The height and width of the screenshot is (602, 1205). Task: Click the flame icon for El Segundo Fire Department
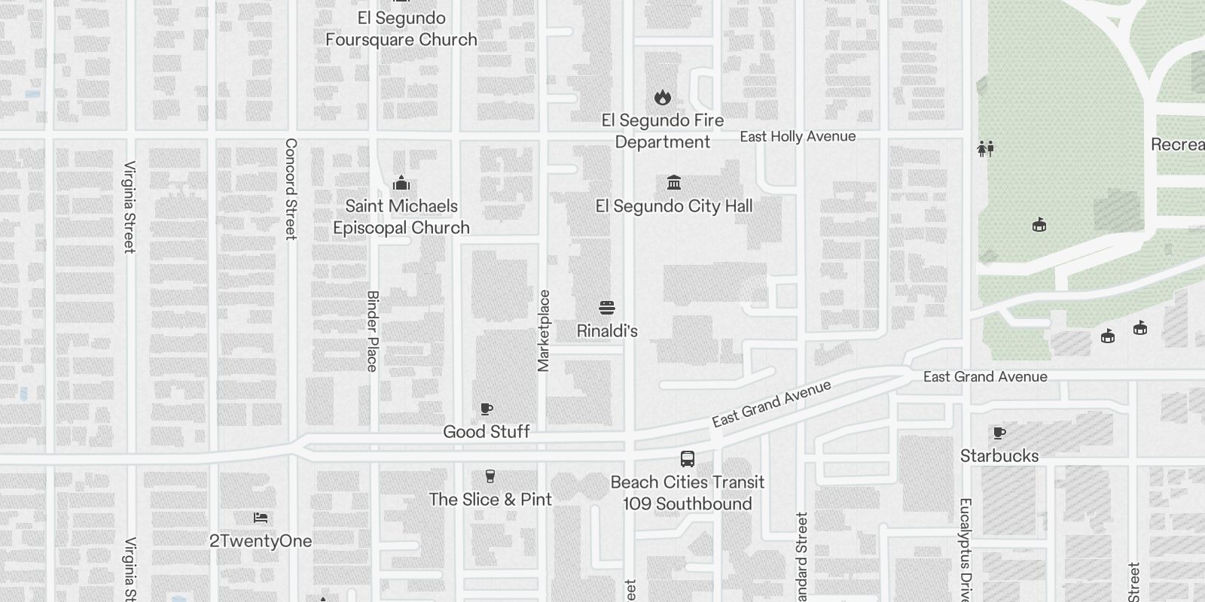[x=663, y=97]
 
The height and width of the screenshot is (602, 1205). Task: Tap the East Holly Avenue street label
[x=798, y=136]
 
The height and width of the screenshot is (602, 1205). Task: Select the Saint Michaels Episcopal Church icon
[x=401, y=184]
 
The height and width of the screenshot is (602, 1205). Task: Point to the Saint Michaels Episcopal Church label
[x=401, y=217]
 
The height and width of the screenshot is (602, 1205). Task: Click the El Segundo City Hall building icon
[x=674, y=183]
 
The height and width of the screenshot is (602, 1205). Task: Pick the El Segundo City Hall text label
[x=674, y=206]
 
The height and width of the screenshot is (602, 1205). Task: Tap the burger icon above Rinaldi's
[x=607, y=308]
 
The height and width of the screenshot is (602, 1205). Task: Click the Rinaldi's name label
[x=607, y=331]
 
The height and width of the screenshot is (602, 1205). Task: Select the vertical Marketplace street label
[x=544, y=331]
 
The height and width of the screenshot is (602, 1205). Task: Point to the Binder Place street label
[x=372, y=331]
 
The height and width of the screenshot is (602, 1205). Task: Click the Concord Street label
[x=291, y=188]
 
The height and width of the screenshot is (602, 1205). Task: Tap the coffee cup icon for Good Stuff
[x=487, y=409]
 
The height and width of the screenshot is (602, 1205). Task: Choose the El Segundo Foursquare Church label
[x=401, y=29]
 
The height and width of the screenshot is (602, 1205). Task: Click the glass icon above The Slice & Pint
[x=490, y=476]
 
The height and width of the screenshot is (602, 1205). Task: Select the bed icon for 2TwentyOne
[x=261, y=518]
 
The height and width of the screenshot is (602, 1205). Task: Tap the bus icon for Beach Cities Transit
[x=688, y=459]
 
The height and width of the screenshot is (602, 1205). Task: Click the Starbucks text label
[x=999, y=456]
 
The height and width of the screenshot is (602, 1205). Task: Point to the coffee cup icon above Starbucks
[x=999, y=433]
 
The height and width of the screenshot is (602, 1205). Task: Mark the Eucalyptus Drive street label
[x=966, y=549]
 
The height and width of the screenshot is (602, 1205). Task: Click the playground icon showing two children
[x=986, y=148]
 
